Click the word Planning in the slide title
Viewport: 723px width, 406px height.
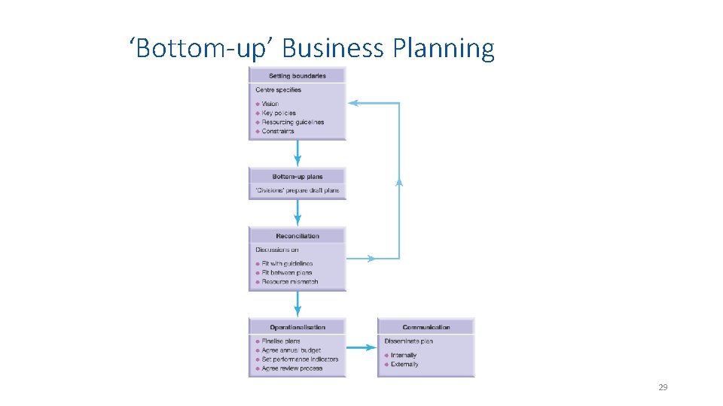click(x=443, y=49)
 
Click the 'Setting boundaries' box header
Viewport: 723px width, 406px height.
click(x=297, y=75)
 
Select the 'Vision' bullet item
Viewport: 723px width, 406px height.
click(x=270, y=104)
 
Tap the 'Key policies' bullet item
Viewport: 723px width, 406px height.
click(x=279, y=113)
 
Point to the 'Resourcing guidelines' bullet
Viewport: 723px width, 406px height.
click(x=292, y=122)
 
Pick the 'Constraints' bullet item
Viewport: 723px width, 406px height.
click(x=277, y=131)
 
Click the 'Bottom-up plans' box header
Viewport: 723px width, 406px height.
click(x=297, y=177)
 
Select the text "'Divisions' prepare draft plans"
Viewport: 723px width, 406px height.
click(x=297, y=190)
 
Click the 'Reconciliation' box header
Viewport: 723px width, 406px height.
click(x=297, y=236)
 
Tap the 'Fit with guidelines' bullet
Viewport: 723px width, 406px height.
click(x=286, y=264)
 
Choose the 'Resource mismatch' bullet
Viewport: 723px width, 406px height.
click(x=289, y=282)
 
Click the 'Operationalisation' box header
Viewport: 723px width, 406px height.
click(x=297, y=327)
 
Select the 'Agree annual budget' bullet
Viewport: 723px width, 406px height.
click(x=291, y=350)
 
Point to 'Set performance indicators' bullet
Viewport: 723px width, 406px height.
click(x=300, y=359)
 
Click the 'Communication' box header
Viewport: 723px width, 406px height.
click(x=426, y=327)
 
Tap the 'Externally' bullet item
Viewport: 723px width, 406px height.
click(x=404, y=365)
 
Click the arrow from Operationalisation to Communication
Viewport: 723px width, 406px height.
click(x=361, y=347)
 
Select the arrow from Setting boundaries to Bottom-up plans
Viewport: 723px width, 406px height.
click(x=297, y=153)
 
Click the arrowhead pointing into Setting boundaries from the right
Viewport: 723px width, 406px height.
click(x=352, y=103)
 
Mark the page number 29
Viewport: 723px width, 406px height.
click(x=663, y=387)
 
